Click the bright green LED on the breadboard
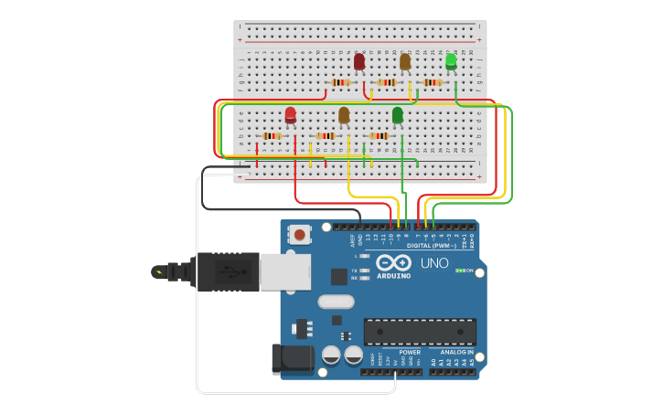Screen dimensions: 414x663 point(451,61)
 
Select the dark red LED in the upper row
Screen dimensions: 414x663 point(359,61)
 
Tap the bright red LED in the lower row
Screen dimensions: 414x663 point(290,114)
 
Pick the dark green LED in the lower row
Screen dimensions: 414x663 point(397,114)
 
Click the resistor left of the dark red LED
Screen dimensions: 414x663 point(340,82)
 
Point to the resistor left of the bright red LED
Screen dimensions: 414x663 point(272,136)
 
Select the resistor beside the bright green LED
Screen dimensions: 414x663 point(432,82)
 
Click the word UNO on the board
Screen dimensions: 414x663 point(434,263)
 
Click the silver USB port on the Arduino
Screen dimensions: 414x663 point(284,271)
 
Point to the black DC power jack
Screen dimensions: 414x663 point(292,358)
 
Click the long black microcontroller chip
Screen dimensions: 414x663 point(420,332)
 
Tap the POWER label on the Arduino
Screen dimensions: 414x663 point(410,352)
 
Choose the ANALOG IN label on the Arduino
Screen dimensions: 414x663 point(457,352)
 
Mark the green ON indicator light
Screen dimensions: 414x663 point(460,271)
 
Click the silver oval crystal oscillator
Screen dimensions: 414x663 point(336,302)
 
